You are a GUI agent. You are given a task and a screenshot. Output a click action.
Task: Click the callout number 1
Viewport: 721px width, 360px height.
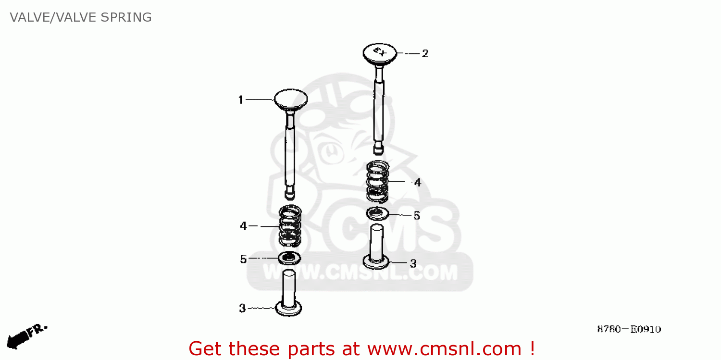point(241,100)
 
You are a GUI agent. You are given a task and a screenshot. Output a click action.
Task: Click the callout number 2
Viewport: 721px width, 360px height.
point(425,53)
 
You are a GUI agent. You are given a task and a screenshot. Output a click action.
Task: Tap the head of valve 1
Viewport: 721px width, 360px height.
point(290,99)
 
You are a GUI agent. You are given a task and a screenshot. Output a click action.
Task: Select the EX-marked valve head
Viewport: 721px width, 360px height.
point(380,53)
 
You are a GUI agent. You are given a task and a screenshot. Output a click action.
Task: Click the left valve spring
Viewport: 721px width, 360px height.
point(290,225)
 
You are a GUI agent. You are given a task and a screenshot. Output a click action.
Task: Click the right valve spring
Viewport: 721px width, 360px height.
point(378,181)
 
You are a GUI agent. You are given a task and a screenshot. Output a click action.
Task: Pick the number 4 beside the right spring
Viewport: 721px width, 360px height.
point(417,183)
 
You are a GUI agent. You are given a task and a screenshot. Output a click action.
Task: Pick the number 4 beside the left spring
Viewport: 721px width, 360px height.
point(243,226)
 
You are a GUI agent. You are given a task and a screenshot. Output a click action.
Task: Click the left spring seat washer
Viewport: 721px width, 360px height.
point(289,258)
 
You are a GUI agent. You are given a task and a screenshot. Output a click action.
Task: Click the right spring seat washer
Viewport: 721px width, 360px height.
point(377,213)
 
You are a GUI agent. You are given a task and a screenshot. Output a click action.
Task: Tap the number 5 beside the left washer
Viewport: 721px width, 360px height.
point(243,260)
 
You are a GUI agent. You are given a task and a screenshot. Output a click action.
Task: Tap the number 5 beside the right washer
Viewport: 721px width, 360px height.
point(417,216)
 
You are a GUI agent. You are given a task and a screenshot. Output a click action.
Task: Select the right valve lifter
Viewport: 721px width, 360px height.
point(376,248)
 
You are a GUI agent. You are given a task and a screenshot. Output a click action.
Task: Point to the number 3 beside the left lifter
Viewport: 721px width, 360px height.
point(242,308)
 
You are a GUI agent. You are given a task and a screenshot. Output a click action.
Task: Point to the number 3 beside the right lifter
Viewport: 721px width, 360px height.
point(413,263)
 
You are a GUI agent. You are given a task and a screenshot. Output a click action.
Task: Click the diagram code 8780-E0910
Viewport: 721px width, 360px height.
point(629,329)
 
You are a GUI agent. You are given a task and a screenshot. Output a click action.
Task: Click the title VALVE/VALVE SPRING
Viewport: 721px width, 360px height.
point(81,17)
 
